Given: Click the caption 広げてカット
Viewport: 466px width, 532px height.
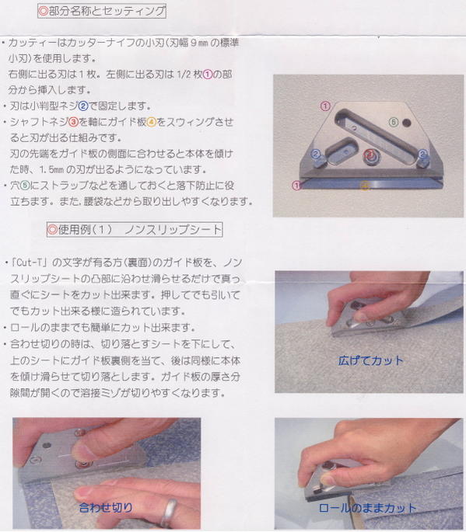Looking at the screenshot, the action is (371, 360).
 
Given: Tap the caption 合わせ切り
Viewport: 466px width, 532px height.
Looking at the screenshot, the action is (106, 507).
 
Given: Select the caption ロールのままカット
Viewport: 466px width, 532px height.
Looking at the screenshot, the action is (367, 508).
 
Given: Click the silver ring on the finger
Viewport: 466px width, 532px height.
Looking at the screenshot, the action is (169, 513).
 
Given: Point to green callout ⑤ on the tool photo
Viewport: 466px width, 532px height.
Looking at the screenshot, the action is (394, 122).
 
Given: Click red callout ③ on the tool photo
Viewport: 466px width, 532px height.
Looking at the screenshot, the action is (369, 155).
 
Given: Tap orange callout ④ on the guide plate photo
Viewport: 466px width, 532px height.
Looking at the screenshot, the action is (365, 186).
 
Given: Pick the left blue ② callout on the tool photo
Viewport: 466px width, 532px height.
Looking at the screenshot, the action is (316, 155).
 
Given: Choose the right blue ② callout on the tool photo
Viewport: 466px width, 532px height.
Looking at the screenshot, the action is (422, 154).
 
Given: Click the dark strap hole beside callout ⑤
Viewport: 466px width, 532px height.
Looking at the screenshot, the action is (406, 123).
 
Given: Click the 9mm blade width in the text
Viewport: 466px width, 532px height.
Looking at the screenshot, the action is (199, 43).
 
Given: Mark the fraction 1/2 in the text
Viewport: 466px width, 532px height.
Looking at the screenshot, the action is (184, 75).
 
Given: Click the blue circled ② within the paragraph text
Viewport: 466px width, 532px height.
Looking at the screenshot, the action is (83, 106).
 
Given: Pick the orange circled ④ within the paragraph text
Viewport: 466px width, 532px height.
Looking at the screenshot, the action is (151, 122).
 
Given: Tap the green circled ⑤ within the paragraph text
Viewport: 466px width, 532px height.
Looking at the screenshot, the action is (25, 186).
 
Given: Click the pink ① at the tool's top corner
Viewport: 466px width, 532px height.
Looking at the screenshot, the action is (325, 106).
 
